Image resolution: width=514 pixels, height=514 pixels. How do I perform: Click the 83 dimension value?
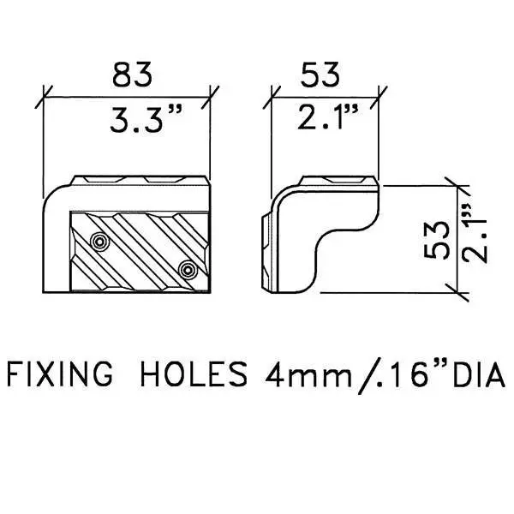133,74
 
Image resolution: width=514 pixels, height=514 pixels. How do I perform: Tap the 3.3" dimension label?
146,119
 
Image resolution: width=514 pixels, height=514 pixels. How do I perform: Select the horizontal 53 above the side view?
320,75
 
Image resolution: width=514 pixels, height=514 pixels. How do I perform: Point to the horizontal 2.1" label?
328,117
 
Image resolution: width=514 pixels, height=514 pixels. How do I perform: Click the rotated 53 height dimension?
436,240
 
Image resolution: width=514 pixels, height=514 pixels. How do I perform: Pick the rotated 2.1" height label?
475,233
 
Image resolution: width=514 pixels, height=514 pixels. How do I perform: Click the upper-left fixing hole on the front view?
99,242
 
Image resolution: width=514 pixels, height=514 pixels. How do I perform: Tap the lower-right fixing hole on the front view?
188,270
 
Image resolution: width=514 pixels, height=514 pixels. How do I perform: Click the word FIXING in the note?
60,374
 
